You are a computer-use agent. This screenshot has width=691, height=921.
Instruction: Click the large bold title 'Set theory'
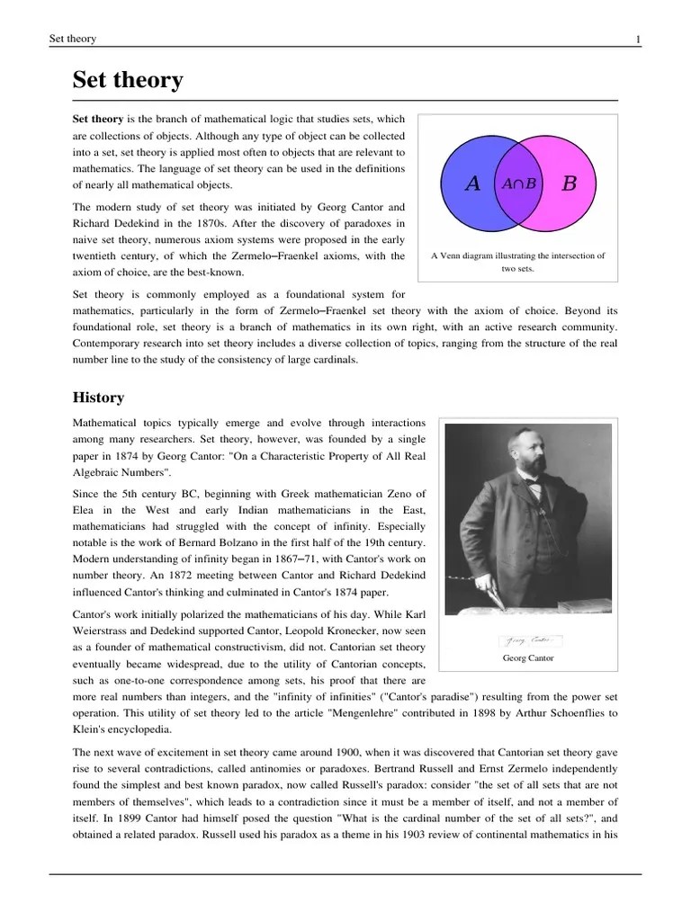coord(128,81)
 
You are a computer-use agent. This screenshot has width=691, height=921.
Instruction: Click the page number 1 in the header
coord(638,39)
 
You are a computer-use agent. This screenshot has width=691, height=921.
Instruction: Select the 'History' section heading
coord(98,398)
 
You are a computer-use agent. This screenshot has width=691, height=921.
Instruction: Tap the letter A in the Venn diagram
coord(472,183)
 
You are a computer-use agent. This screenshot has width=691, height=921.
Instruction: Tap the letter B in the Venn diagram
coord(569,183)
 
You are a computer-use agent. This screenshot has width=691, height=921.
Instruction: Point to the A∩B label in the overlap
coord(519,183)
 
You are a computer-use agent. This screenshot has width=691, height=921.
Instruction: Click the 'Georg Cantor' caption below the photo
coord(529,657)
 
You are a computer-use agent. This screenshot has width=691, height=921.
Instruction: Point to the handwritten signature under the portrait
coord(529,640)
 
